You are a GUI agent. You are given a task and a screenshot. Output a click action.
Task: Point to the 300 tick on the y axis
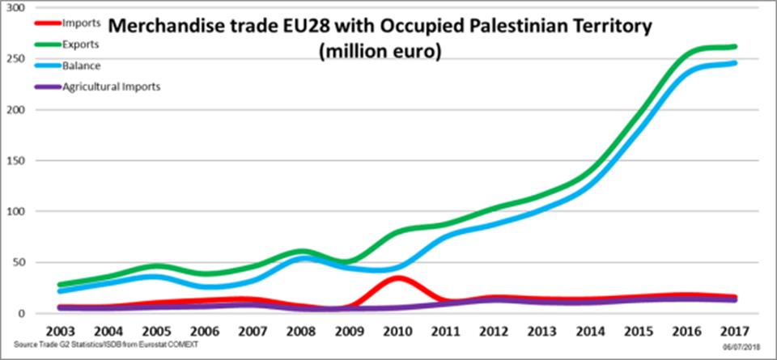tap(16, 7)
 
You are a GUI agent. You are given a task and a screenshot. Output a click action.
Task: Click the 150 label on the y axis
tap(16, 160)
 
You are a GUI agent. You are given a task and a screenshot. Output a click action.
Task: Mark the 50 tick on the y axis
tap(19, 262)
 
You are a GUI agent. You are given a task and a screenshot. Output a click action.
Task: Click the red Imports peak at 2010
tap(397, 278)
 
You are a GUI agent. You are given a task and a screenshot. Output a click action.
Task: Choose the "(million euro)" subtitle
tap(381, 52)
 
